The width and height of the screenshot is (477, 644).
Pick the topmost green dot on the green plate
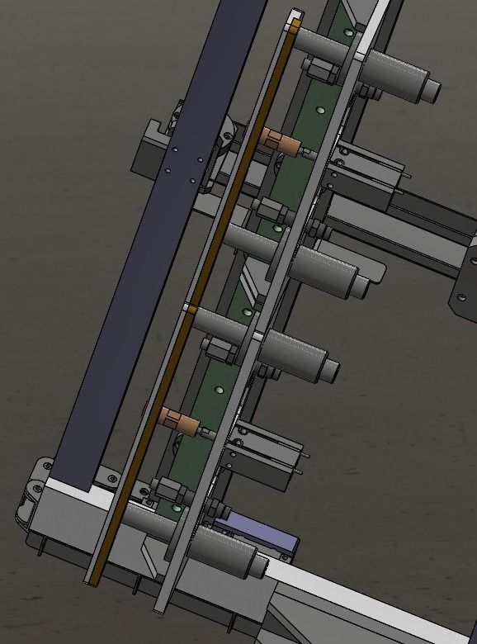(x=349, y=32)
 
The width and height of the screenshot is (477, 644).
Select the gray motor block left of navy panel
(x=152, y=149)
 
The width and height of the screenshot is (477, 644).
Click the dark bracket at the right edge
(x=463, y=285)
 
